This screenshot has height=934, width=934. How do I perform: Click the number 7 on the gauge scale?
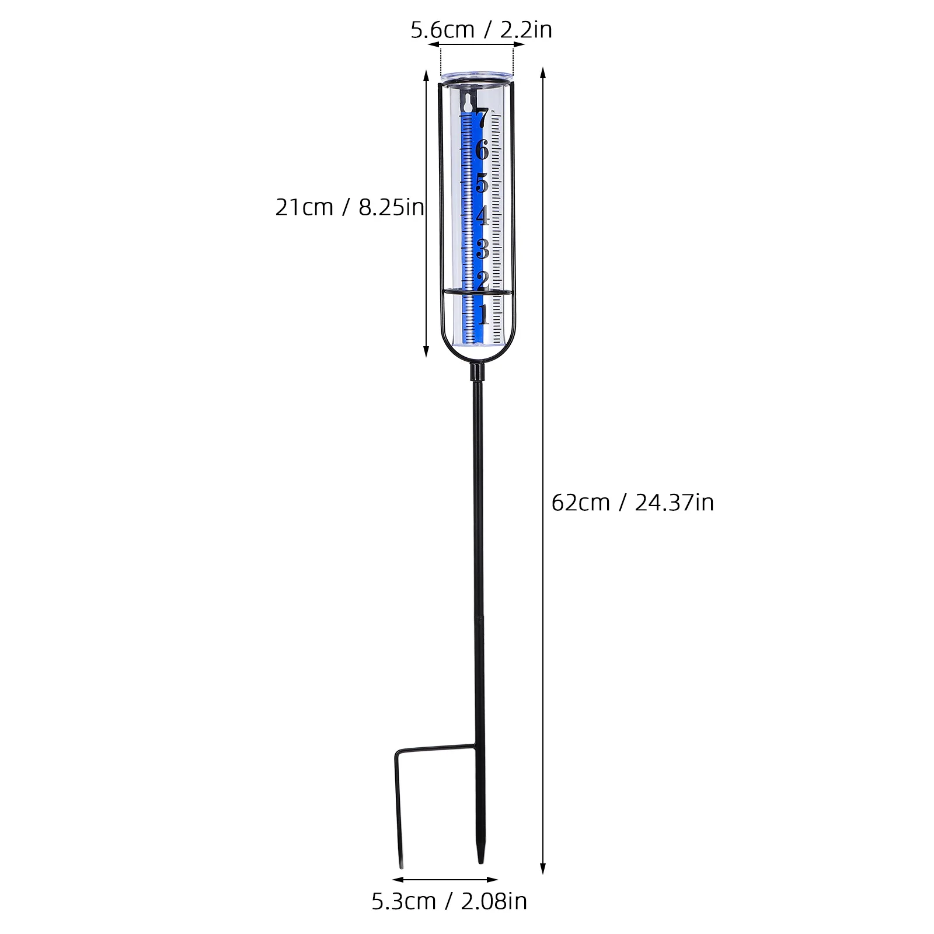482,119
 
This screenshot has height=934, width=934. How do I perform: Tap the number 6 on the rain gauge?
482,151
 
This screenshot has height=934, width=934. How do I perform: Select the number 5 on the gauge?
482,183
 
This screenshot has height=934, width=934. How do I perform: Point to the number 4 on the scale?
482,216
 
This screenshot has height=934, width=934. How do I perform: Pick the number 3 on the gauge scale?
482,249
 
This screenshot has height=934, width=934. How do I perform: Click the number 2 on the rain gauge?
482,280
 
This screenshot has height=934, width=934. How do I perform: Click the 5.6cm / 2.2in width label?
481,30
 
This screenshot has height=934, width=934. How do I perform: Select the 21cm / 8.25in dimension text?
350,207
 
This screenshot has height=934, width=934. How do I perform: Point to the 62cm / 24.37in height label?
633,502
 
